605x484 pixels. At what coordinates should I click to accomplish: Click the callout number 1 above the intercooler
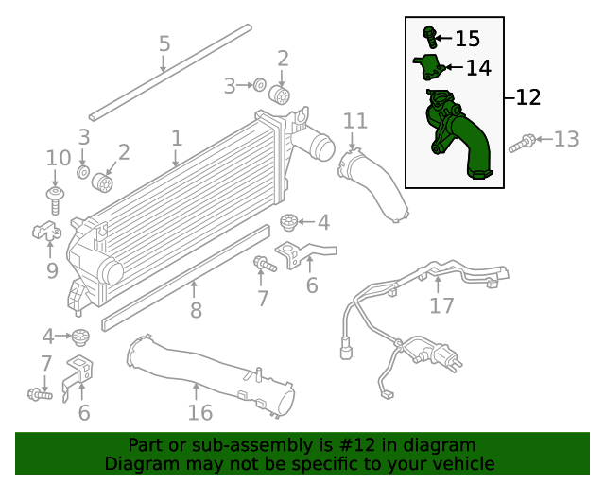point(177,138)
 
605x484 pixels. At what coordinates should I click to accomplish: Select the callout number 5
point(164,43)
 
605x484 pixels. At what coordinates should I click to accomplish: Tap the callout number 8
point(196,310)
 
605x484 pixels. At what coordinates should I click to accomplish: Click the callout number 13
point(565,140)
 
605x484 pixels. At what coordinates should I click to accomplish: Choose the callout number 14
point(478,68)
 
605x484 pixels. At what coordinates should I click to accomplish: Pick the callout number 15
point(467,39)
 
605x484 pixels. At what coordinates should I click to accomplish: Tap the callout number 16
point(199,412)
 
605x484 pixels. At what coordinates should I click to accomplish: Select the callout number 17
point(441,305)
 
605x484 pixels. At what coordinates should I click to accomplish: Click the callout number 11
point(354,120)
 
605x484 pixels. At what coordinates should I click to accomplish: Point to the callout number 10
point(58,157)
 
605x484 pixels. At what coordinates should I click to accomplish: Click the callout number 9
point(52,271)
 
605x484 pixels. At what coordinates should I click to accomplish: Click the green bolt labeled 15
point(431,37)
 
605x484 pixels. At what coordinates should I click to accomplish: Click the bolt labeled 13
point(522,145)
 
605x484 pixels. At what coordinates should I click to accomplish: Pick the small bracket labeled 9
point(46,231)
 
